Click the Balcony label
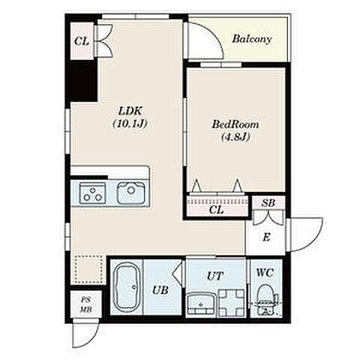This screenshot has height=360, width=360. click(x=252, y=39)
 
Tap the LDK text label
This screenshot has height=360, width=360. click(x=130, y=111)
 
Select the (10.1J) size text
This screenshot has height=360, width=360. click(x=130, y=124)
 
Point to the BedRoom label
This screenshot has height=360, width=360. click(x=235, y=124)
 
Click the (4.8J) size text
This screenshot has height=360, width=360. click(x=235, y=136)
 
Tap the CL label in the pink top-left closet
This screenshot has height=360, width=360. click(x=82, y=41)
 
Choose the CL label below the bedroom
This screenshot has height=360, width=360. click(x=216, y=210)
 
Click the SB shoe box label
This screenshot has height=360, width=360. click(x=268, y=203)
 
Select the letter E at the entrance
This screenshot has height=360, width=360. click(x=266, y=237)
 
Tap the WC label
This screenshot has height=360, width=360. click(x=265, y=272)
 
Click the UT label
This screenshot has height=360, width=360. click(x=214, y=276)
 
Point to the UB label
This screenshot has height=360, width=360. click(x=160, y=290)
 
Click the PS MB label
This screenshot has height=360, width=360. click(x=86, y=304)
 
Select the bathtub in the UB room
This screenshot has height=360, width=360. click(x=127, y=286)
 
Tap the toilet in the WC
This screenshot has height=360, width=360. click(x=265, y=299)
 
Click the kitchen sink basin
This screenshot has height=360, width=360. click(x=131, y=193)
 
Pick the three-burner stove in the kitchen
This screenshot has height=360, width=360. click(x=92, y=193)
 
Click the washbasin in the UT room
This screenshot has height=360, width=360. click(x=201, y=303)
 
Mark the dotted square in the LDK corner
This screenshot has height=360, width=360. click(x=89, y=269)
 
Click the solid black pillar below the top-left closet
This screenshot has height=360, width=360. click(x=82, y=80)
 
